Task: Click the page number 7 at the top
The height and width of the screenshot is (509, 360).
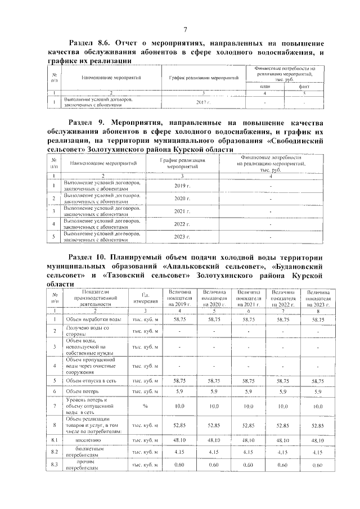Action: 184,29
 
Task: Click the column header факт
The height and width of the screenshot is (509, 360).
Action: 303,86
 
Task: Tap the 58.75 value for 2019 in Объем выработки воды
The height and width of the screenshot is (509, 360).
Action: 180,319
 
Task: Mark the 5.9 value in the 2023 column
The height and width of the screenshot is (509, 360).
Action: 318,390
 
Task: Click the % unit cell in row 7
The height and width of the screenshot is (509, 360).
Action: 145,405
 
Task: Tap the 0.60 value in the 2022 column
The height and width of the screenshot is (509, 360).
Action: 283,466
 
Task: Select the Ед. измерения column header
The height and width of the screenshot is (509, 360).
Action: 145,298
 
